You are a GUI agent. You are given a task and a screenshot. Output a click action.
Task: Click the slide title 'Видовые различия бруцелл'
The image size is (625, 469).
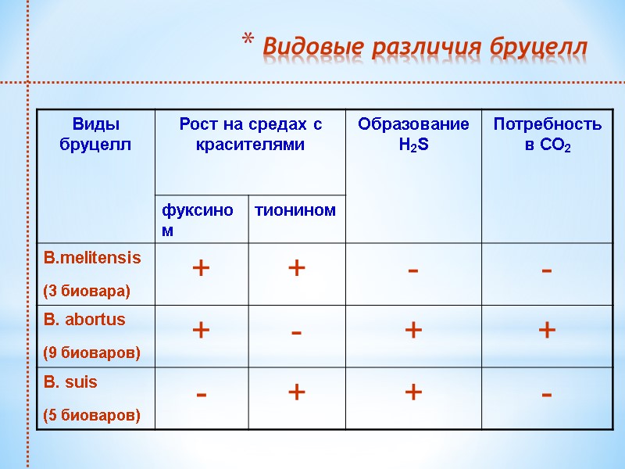click(x=424, y=47)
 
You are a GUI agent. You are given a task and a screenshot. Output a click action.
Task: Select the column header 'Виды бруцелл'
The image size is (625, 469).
click(x=95, y=134)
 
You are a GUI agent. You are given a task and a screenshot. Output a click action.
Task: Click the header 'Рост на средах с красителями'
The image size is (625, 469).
click(x=250, y=134)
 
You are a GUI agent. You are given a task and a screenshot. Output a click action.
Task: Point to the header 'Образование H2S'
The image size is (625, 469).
click(x=413, y=134)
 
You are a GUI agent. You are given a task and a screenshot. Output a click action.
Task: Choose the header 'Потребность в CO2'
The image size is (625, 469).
click(x=547, y=134)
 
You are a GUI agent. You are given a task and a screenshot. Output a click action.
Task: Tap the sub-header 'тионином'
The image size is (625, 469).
click(x=296, y=210)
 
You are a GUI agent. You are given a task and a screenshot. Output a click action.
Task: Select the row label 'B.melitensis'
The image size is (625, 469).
click(x=93, y=257)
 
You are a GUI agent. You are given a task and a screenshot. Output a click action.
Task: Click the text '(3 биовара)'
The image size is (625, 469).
click(x=87, y=291)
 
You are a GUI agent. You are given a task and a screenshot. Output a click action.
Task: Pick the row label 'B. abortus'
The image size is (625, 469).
click(x=84, y=320)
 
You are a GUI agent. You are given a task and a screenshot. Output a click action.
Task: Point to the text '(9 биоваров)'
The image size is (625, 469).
click(x=92, y=353)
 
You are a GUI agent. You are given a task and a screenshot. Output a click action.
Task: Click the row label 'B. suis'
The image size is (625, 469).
click(x=71, y=383)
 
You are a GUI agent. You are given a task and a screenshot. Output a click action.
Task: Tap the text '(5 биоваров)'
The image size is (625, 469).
click(x=92, y=415)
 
